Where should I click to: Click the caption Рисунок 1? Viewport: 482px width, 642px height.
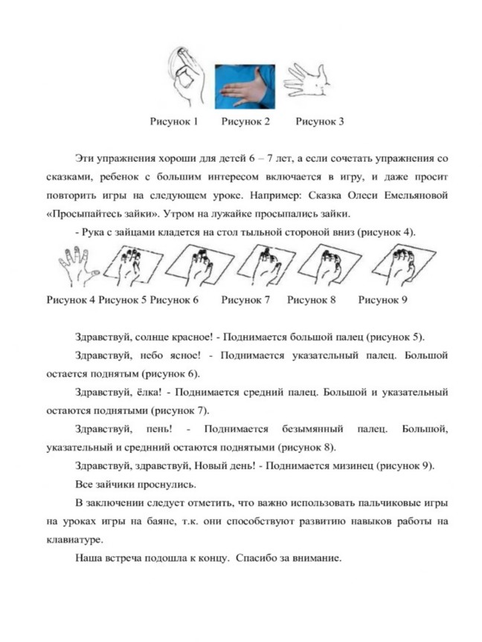click(173, 121)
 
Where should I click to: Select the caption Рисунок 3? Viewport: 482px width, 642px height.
click(320, 121)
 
